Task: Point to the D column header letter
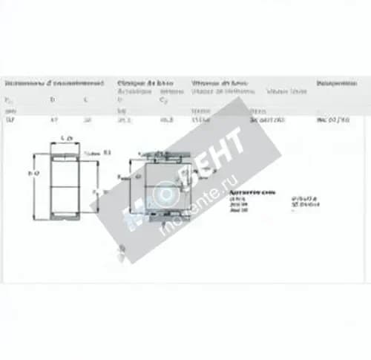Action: [52, 99]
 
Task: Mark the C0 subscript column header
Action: [164, 99]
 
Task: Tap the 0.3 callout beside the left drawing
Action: [106, 151]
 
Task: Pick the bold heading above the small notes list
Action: [257, 190]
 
